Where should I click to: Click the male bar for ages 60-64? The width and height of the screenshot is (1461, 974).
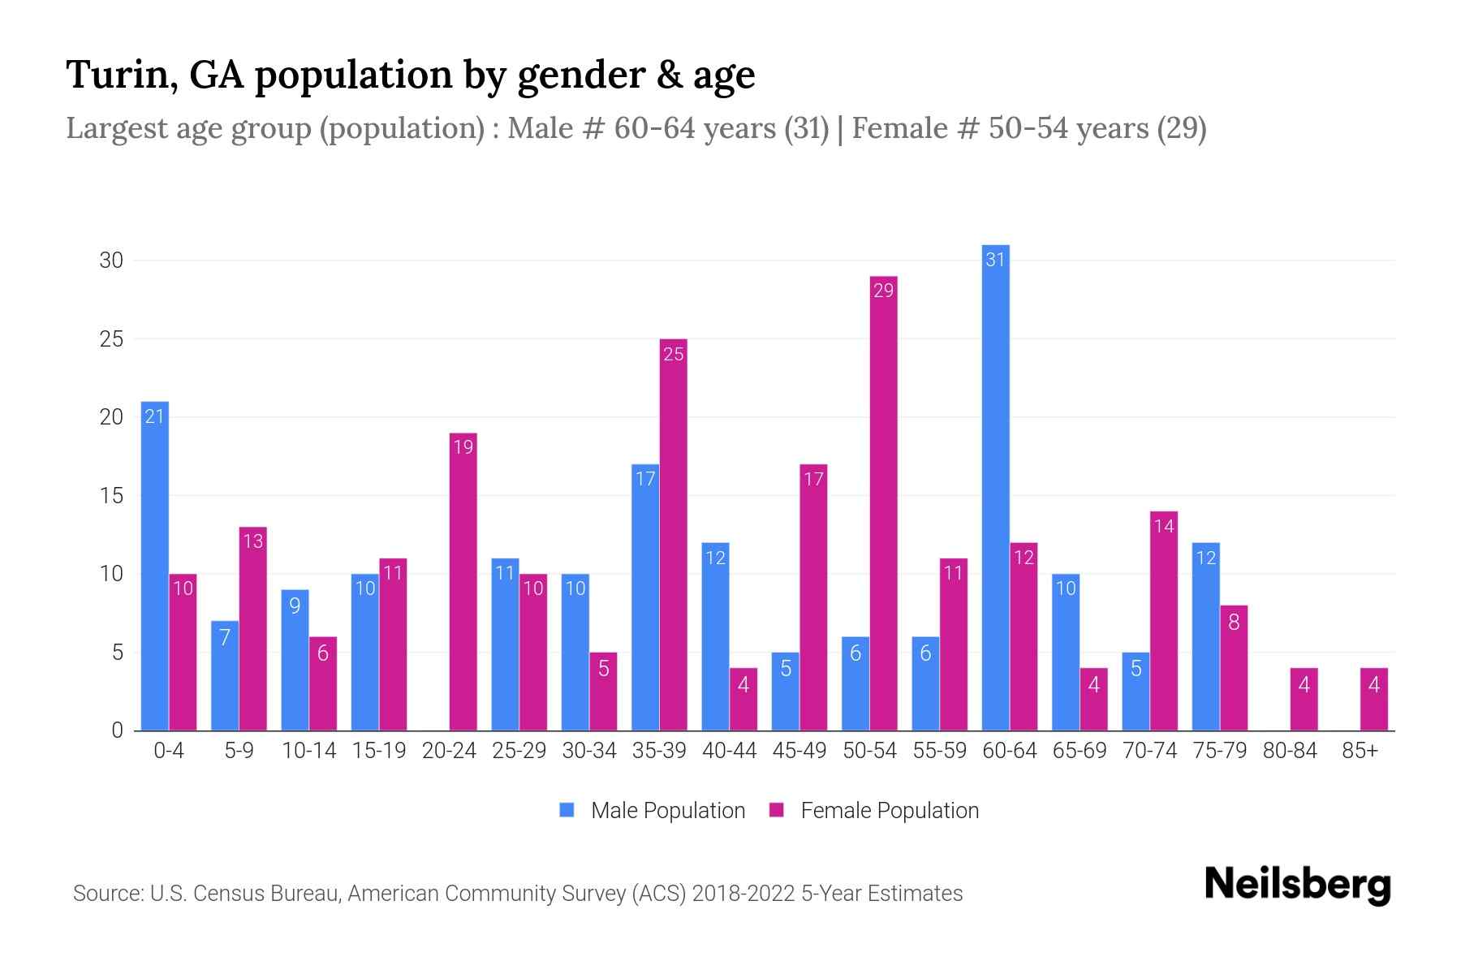(995, 487)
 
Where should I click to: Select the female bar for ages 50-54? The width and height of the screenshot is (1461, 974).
(883, 503)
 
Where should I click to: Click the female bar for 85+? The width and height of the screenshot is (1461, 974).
(1373, 699)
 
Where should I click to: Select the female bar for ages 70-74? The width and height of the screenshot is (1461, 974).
(1164, 621)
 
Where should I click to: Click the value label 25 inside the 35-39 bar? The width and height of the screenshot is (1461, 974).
(674, 354)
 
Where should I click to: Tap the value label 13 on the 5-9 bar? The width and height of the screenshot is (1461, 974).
(253, 541)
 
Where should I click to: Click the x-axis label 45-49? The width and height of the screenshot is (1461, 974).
(799, 751)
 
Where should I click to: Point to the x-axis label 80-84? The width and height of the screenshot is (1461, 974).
(1289, 751)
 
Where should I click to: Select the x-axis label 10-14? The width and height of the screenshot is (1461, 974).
(308, 751)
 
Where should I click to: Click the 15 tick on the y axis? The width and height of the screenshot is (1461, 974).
(111, 495)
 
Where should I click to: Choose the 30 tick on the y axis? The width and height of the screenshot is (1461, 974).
(111, 261)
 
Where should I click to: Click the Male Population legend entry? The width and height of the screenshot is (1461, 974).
(667, 810)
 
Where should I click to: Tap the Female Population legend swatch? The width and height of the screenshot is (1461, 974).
(777, 810)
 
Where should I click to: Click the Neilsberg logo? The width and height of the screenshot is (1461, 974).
(1297, 885)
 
